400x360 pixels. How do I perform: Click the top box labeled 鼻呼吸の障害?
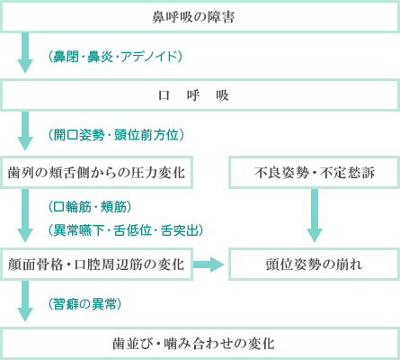[200, 16]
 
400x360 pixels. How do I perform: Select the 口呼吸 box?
[200, 95]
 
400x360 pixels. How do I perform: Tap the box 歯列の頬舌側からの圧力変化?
[96, 173]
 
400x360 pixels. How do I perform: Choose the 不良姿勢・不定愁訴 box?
[315, 173]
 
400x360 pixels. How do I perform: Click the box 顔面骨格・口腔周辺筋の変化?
[96, 265]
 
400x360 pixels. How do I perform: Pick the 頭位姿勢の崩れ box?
[315, 265]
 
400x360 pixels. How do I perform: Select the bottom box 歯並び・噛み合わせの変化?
[200, 343]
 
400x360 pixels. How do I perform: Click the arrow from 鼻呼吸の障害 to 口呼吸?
[25, 53]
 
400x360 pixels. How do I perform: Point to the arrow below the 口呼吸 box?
[25, 131]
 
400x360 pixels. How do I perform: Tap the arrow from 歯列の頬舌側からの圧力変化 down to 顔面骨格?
[25, 215]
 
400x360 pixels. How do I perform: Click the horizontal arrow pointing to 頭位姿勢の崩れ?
[209, 265]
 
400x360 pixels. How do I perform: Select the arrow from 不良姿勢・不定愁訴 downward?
[315, 215]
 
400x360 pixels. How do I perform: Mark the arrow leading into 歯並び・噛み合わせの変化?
[25, 301]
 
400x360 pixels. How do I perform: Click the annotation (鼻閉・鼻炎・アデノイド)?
[115, 57]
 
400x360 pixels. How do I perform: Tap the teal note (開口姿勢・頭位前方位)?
[116, 135]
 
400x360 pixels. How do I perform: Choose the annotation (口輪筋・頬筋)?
[90, 207]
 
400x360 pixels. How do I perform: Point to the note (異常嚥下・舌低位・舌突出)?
[126, 230]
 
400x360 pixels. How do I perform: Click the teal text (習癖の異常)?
[84, 304]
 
